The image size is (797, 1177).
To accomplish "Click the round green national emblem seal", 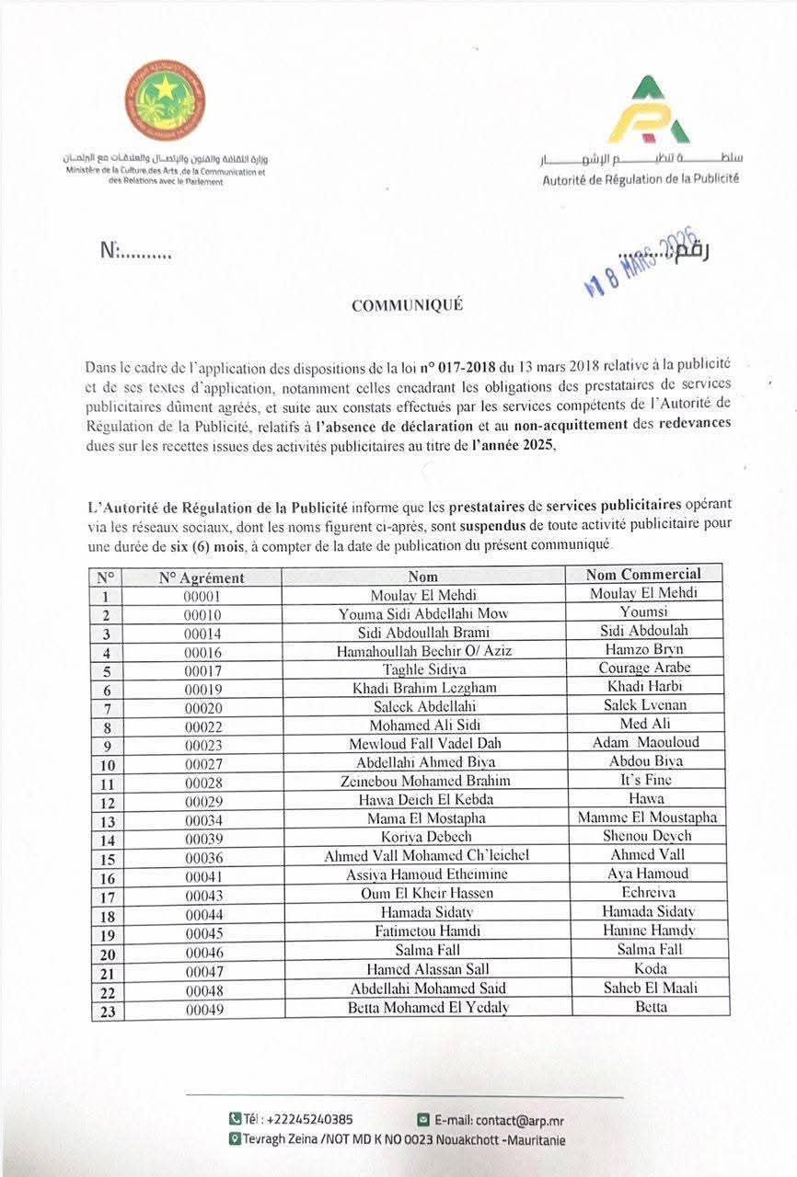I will coord(165,100).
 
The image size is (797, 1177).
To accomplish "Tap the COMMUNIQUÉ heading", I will coord(407,306).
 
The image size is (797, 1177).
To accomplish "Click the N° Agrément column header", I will coord(202,577).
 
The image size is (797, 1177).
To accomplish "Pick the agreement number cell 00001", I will coord(202,596).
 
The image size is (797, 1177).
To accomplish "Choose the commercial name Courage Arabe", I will coord(644,668).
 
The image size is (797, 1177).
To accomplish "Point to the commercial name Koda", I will coord(645,968).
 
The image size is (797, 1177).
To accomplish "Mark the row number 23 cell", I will coord(106,1009).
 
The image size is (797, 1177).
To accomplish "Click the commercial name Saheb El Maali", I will coord(645,988).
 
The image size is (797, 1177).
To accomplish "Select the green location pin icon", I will coord(236,1139).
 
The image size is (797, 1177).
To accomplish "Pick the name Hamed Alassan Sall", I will coord(428,969).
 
